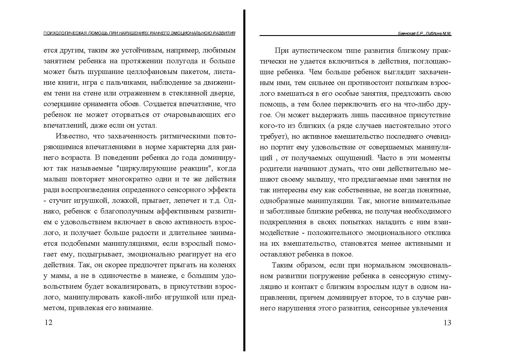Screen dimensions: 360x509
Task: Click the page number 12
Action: coord(48,323)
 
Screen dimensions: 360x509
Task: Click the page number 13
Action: coord(447,323)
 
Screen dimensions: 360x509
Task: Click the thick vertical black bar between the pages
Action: coord(244,180)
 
